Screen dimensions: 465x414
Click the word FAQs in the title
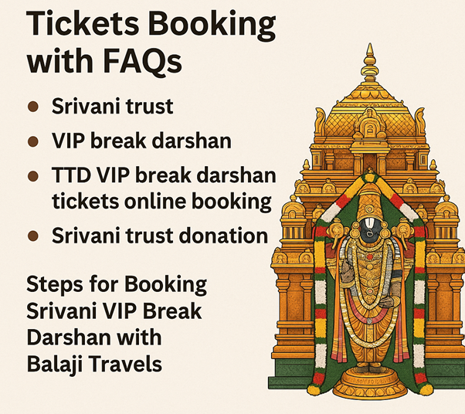143,62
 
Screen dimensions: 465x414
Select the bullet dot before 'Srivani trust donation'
33,236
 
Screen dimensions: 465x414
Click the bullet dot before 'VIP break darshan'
33,141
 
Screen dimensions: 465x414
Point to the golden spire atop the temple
369,63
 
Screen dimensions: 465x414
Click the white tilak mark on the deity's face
368,226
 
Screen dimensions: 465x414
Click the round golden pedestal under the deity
369,383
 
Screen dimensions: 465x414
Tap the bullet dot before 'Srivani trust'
33,107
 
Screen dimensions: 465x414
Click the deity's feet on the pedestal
369,367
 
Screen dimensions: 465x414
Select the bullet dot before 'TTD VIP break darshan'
33,176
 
